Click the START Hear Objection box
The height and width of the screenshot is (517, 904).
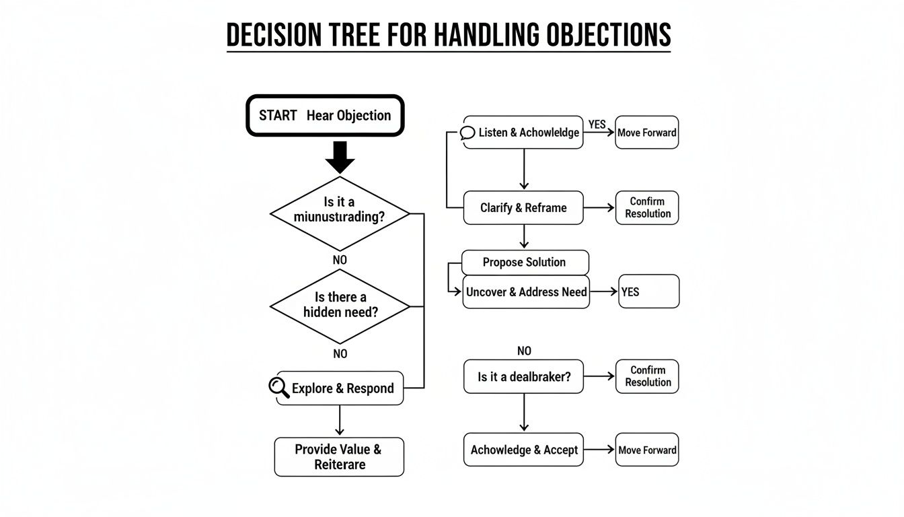325,115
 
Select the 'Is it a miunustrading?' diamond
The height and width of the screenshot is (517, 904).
340,213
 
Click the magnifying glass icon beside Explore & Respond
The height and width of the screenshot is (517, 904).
278,388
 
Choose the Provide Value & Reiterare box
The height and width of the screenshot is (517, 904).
339,456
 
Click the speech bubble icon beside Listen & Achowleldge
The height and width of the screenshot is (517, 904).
467,133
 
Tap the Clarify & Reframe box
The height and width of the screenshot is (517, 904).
523,207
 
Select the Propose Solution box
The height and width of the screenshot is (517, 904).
525,262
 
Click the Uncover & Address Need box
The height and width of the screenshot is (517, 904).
526,292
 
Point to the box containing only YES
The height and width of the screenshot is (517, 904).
648,291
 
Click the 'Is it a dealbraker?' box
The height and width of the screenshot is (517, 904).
523,376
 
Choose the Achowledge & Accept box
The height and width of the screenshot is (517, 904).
523,450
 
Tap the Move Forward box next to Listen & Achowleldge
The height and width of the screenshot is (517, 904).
646,133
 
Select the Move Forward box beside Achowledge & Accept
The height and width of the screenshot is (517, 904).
646,450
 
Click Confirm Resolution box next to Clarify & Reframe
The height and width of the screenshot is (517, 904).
646,207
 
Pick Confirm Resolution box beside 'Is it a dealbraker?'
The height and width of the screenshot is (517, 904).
646,376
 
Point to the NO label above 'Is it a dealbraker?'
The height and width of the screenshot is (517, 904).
524,351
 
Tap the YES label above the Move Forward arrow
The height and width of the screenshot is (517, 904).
597,125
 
